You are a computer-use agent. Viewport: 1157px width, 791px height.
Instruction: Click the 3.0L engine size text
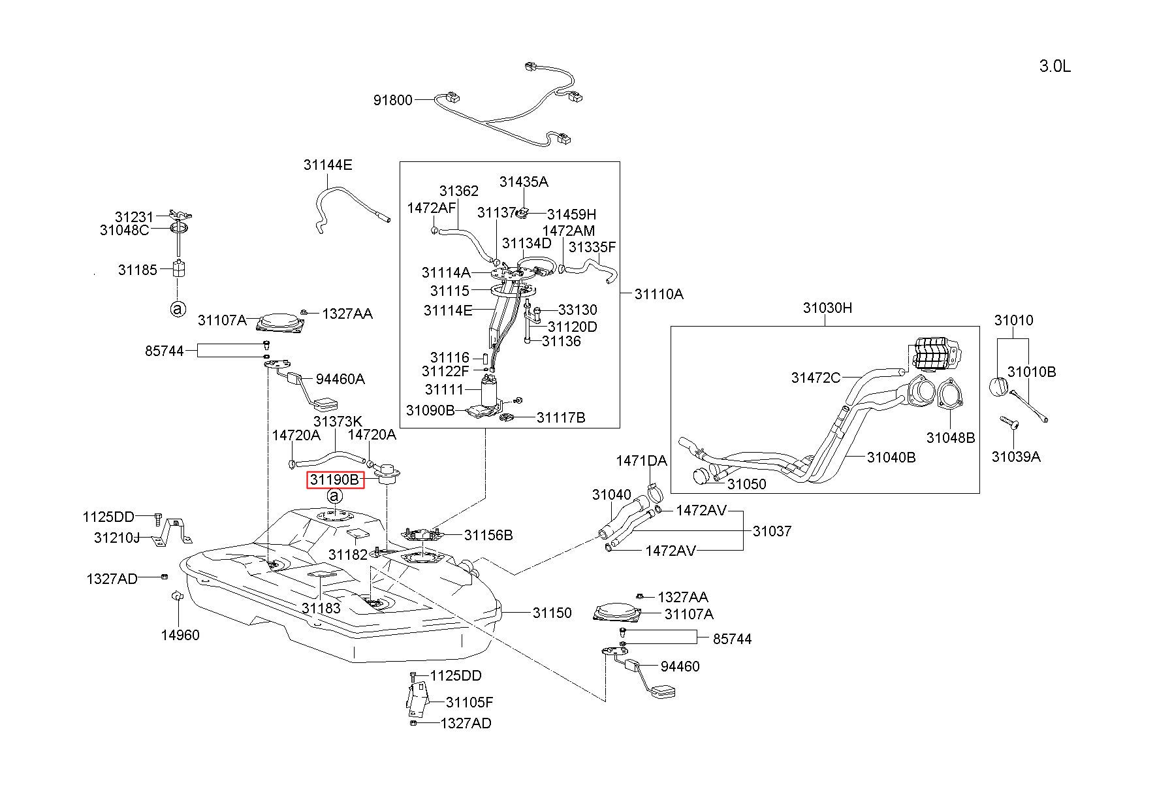point(1054,66)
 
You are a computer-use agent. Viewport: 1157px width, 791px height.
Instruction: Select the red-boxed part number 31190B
point(335,480)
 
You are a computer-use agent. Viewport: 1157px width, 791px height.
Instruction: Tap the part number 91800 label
point(393,100)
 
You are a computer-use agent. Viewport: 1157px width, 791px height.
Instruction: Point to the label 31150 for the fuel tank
point(552,613)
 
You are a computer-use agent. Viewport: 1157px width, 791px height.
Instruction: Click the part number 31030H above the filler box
point(827,308)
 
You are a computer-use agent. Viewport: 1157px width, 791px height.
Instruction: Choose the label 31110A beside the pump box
point(659,294)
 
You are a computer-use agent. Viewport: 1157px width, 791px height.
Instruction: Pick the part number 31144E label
point(328,165)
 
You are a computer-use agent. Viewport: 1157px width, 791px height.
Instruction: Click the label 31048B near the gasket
point(951,438)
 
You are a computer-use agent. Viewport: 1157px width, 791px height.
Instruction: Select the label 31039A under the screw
point(1016,457)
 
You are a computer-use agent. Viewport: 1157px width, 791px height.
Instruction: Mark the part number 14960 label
point(180,635)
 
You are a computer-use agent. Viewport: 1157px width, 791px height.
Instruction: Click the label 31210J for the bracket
point(117,538)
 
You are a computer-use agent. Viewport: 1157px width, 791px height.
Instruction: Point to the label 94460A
point(340,379)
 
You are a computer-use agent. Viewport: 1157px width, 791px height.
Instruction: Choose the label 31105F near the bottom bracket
point(469,702)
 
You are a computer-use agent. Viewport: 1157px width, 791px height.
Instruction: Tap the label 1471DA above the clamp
point(641,461)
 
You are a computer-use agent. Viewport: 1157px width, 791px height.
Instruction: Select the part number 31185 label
point(138,270)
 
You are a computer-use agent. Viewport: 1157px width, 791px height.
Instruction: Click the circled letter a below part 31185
point(178,309)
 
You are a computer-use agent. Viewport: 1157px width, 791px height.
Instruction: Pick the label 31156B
point(488,536)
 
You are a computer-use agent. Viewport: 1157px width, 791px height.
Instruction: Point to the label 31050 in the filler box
point(747,484)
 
